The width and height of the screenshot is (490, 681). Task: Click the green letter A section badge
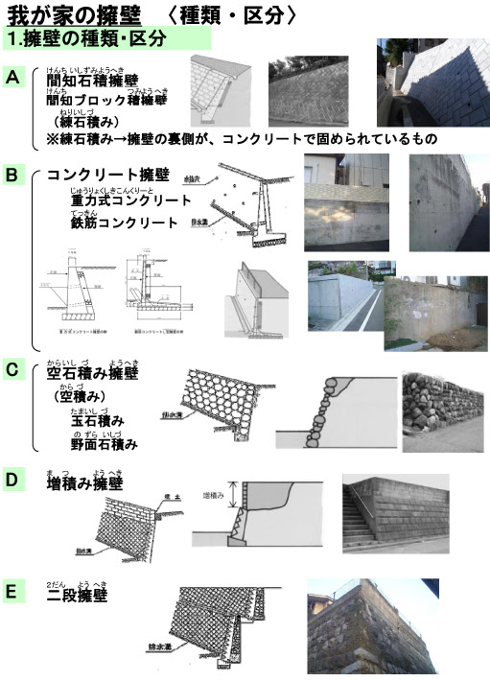coord(14,77)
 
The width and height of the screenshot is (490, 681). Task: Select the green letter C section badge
coord(14,369)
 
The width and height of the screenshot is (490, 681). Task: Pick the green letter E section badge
coord(14,592)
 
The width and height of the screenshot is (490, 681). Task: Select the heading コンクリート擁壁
coord(107,176)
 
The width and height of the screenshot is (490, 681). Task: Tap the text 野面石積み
coord(104,444)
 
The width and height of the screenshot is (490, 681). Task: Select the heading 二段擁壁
coord(77,595)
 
